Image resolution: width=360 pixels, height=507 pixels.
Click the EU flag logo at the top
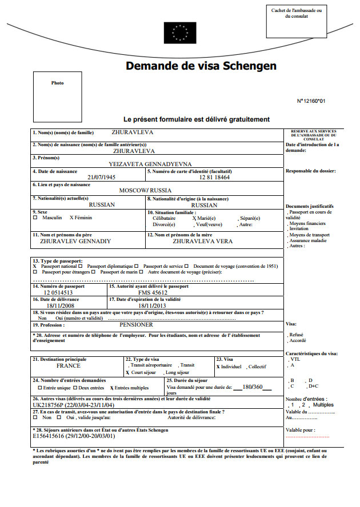179,33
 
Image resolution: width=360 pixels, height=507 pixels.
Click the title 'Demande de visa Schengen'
201,66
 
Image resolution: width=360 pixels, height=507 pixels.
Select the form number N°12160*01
311,101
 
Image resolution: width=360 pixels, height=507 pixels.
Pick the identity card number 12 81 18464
214,177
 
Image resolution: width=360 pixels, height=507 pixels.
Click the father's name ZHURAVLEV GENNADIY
75,241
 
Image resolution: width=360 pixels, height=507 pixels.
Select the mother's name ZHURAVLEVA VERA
203,241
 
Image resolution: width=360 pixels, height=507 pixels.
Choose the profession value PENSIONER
136,324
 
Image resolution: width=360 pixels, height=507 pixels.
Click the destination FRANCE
69,365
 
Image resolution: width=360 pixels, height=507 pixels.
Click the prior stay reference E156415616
51,436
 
